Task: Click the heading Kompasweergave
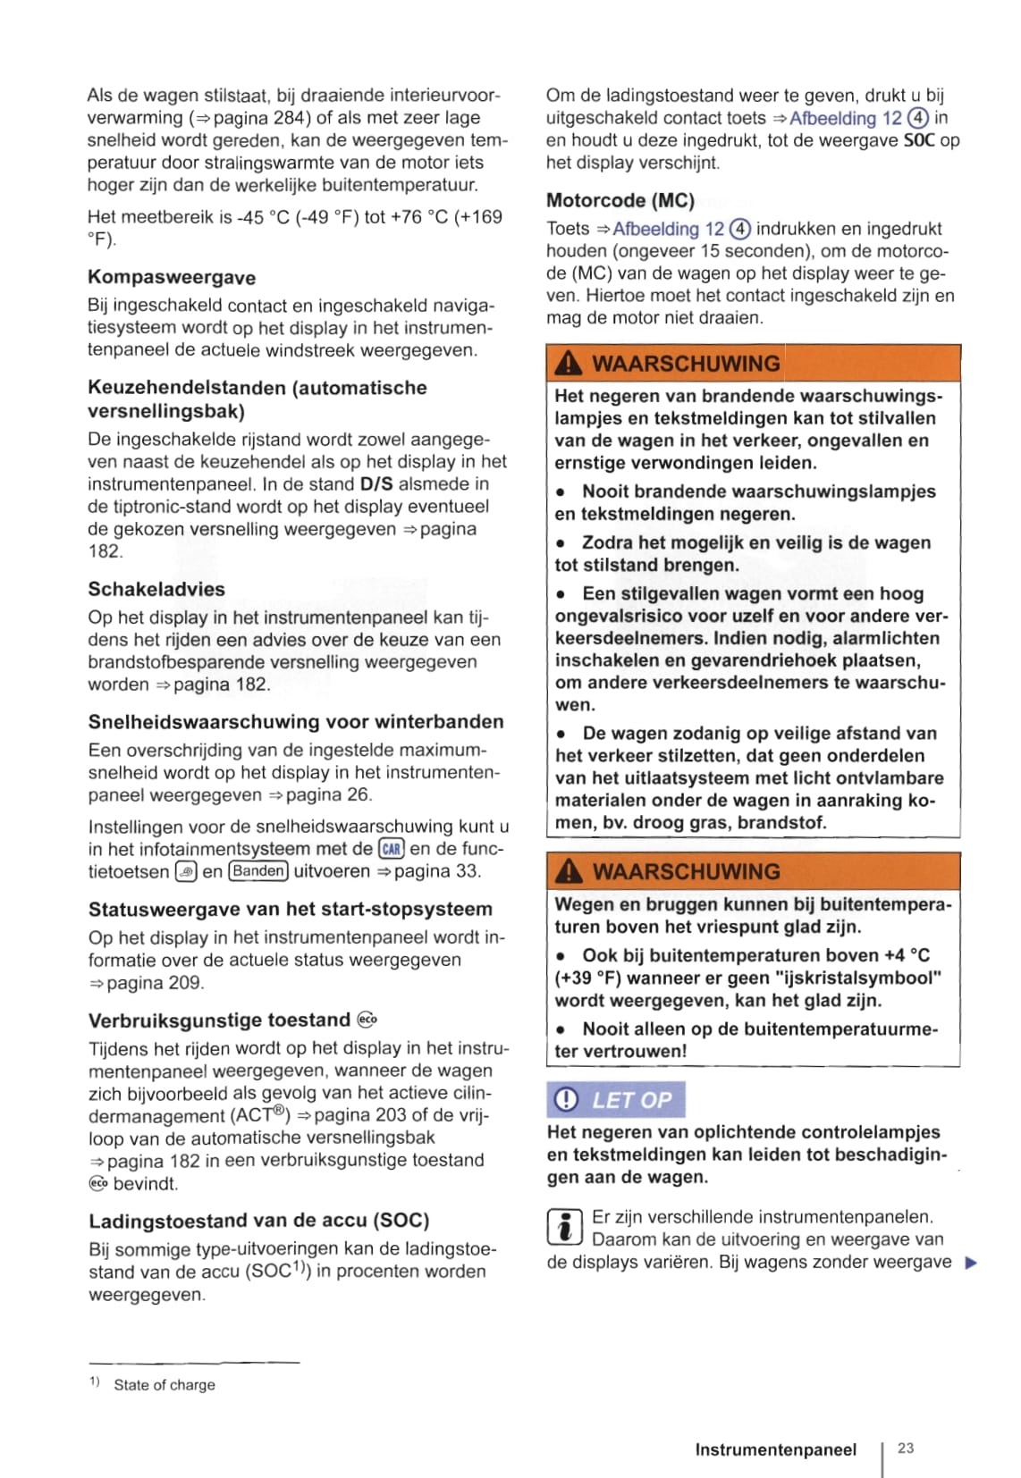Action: (x=172, y=278)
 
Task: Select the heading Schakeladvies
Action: (x=156, y=590)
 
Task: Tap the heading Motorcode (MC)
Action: (x=620, y=200)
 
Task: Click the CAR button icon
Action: (x=392, y=849)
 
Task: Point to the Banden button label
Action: (x=258, y=871)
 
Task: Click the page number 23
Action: (x=906, y=1448)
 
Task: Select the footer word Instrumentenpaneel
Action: (x=775, y=1449)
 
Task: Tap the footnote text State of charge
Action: (x=165, y=1385)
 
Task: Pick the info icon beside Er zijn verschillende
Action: (x=564, y=1227)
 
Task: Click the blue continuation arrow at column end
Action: (x=972, y=1263)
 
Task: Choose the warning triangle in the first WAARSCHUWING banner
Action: (x=569, y=364)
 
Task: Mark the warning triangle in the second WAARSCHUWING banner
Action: (x=569, y=871)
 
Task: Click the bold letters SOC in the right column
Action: (x=919, y=140)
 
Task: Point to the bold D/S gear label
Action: (x=375, y=484)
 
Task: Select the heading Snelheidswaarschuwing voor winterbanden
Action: (x=296, y=722)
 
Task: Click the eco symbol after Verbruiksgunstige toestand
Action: (x=367, y=1020)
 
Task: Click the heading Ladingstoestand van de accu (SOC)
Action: (x=258, y=1221)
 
